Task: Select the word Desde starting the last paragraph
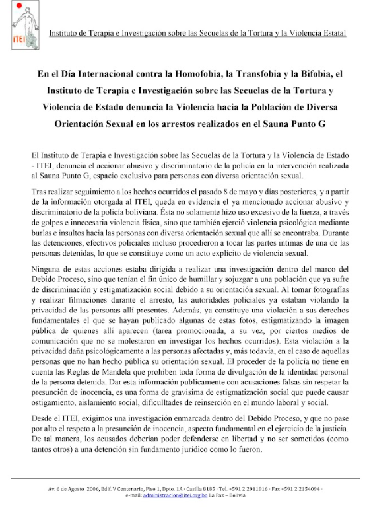tap(41, 420)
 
